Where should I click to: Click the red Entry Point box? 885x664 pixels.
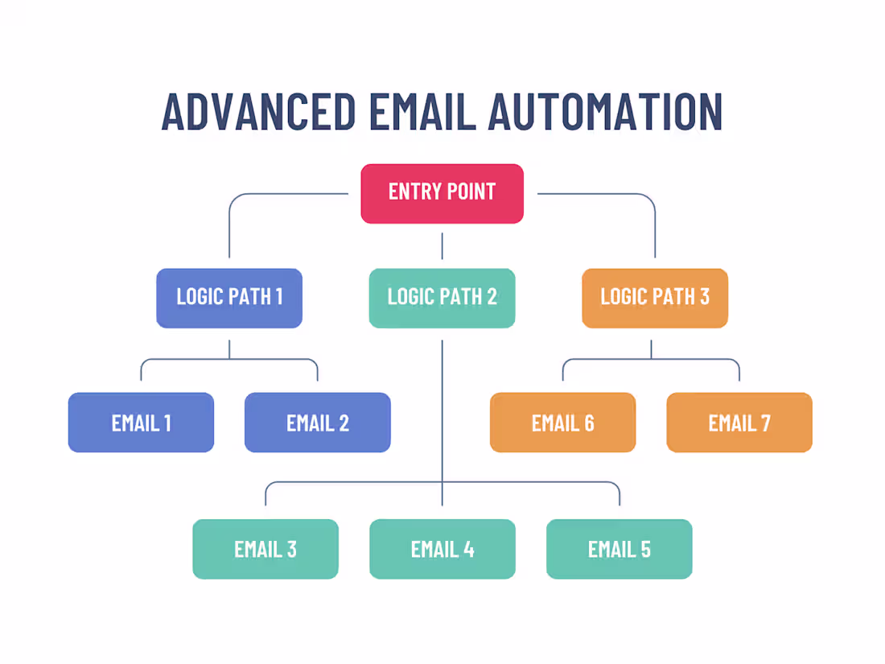442,193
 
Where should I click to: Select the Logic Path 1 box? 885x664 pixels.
229,297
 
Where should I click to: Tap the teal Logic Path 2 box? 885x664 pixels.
442,297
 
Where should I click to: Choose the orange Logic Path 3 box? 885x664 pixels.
654,297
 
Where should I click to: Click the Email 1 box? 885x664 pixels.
141,423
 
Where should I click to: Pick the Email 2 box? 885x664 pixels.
317,423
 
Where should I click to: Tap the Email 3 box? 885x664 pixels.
265,550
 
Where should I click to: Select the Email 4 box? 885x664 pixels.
442,550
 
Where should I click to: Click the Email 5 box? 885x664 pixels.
619,550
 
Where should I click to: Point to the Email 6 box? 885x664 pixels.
562,423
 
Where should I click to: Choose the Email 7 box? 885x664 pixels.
739,423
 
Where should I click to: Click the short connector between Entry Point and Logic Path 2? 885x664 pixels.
442,246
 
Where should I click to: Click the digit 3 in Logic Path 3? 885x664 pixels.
704,297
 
